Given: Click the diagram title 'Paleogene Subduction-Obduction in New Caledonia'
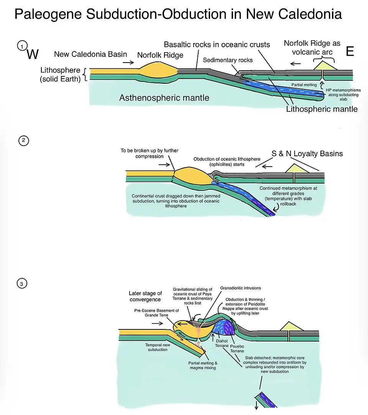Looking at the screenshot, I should click(x=178, y=14).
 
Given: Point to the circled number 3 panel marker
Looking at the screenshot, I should click(x=21, y=284).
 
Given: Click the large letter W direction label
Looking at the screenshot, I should click(x=33, y=55).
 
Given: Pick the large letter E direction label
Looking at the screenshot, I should click(x=350, y=52).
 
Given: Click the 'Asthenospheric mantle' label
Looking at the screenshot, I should click(x=164, y=98).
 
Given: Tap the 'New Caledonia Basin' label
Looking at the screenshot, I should click(x=90, y=54).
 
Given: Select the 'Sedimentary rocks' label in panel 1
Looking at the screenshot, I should click(x=228, y=60).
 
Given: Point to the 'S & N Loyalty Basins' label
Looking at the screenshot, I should click(x=307, y=154).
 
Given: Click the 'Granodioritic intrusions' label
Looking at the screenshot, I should click(x=240, y=288).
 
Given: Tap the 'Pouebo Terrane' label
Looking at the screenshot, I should click(x=237, y=348).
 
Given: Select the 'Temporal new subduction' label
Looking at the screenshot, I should click(x=156, y=347).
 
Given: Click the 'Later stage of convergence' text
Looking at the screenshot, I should click(x=145, y=296).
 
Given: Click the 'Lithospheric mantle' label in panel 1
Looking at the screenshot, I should click(x=322, y=109).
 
